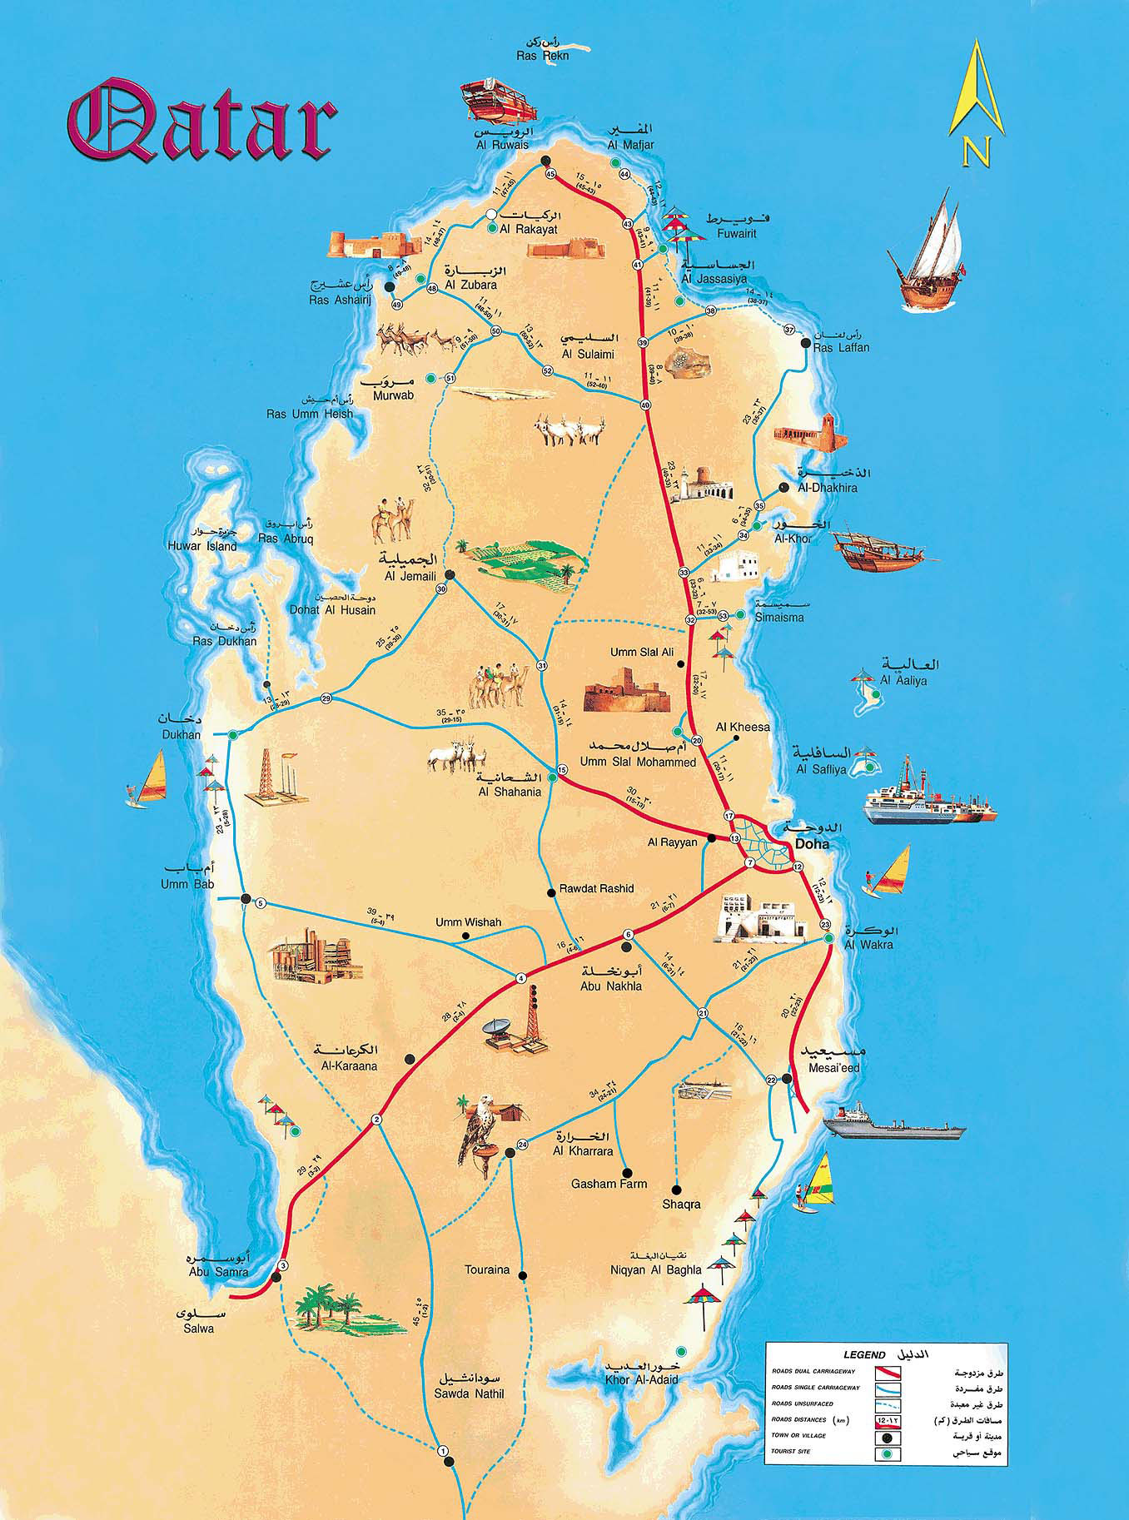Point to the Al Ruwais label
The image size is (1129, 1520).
pyautogui.click(x=502, y=145)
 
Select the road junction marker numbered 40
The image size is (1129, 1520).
pyautogui.click(x=645, y=405)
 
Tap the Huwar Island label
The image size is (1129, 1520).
pyautogui.click(x=201, y=546)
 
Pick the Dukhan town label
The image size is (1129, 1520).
pyautogui.click(x=182, y=735)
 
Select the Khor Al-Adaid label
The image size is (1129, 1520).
pyautogui.click(x=642, y=1379)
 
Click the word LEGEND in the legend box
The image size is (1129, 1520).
pyautogui.click(x=863, y=1355)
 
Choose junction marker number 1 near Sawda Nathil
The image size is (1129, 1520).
pyautogui.click(x=443, y=1452)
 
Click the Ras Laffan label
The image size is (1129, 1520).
pyautogui.click(x=841, y=348)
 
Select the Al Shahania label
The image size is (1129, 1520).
pyautogui.click(x=510, y=792)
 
